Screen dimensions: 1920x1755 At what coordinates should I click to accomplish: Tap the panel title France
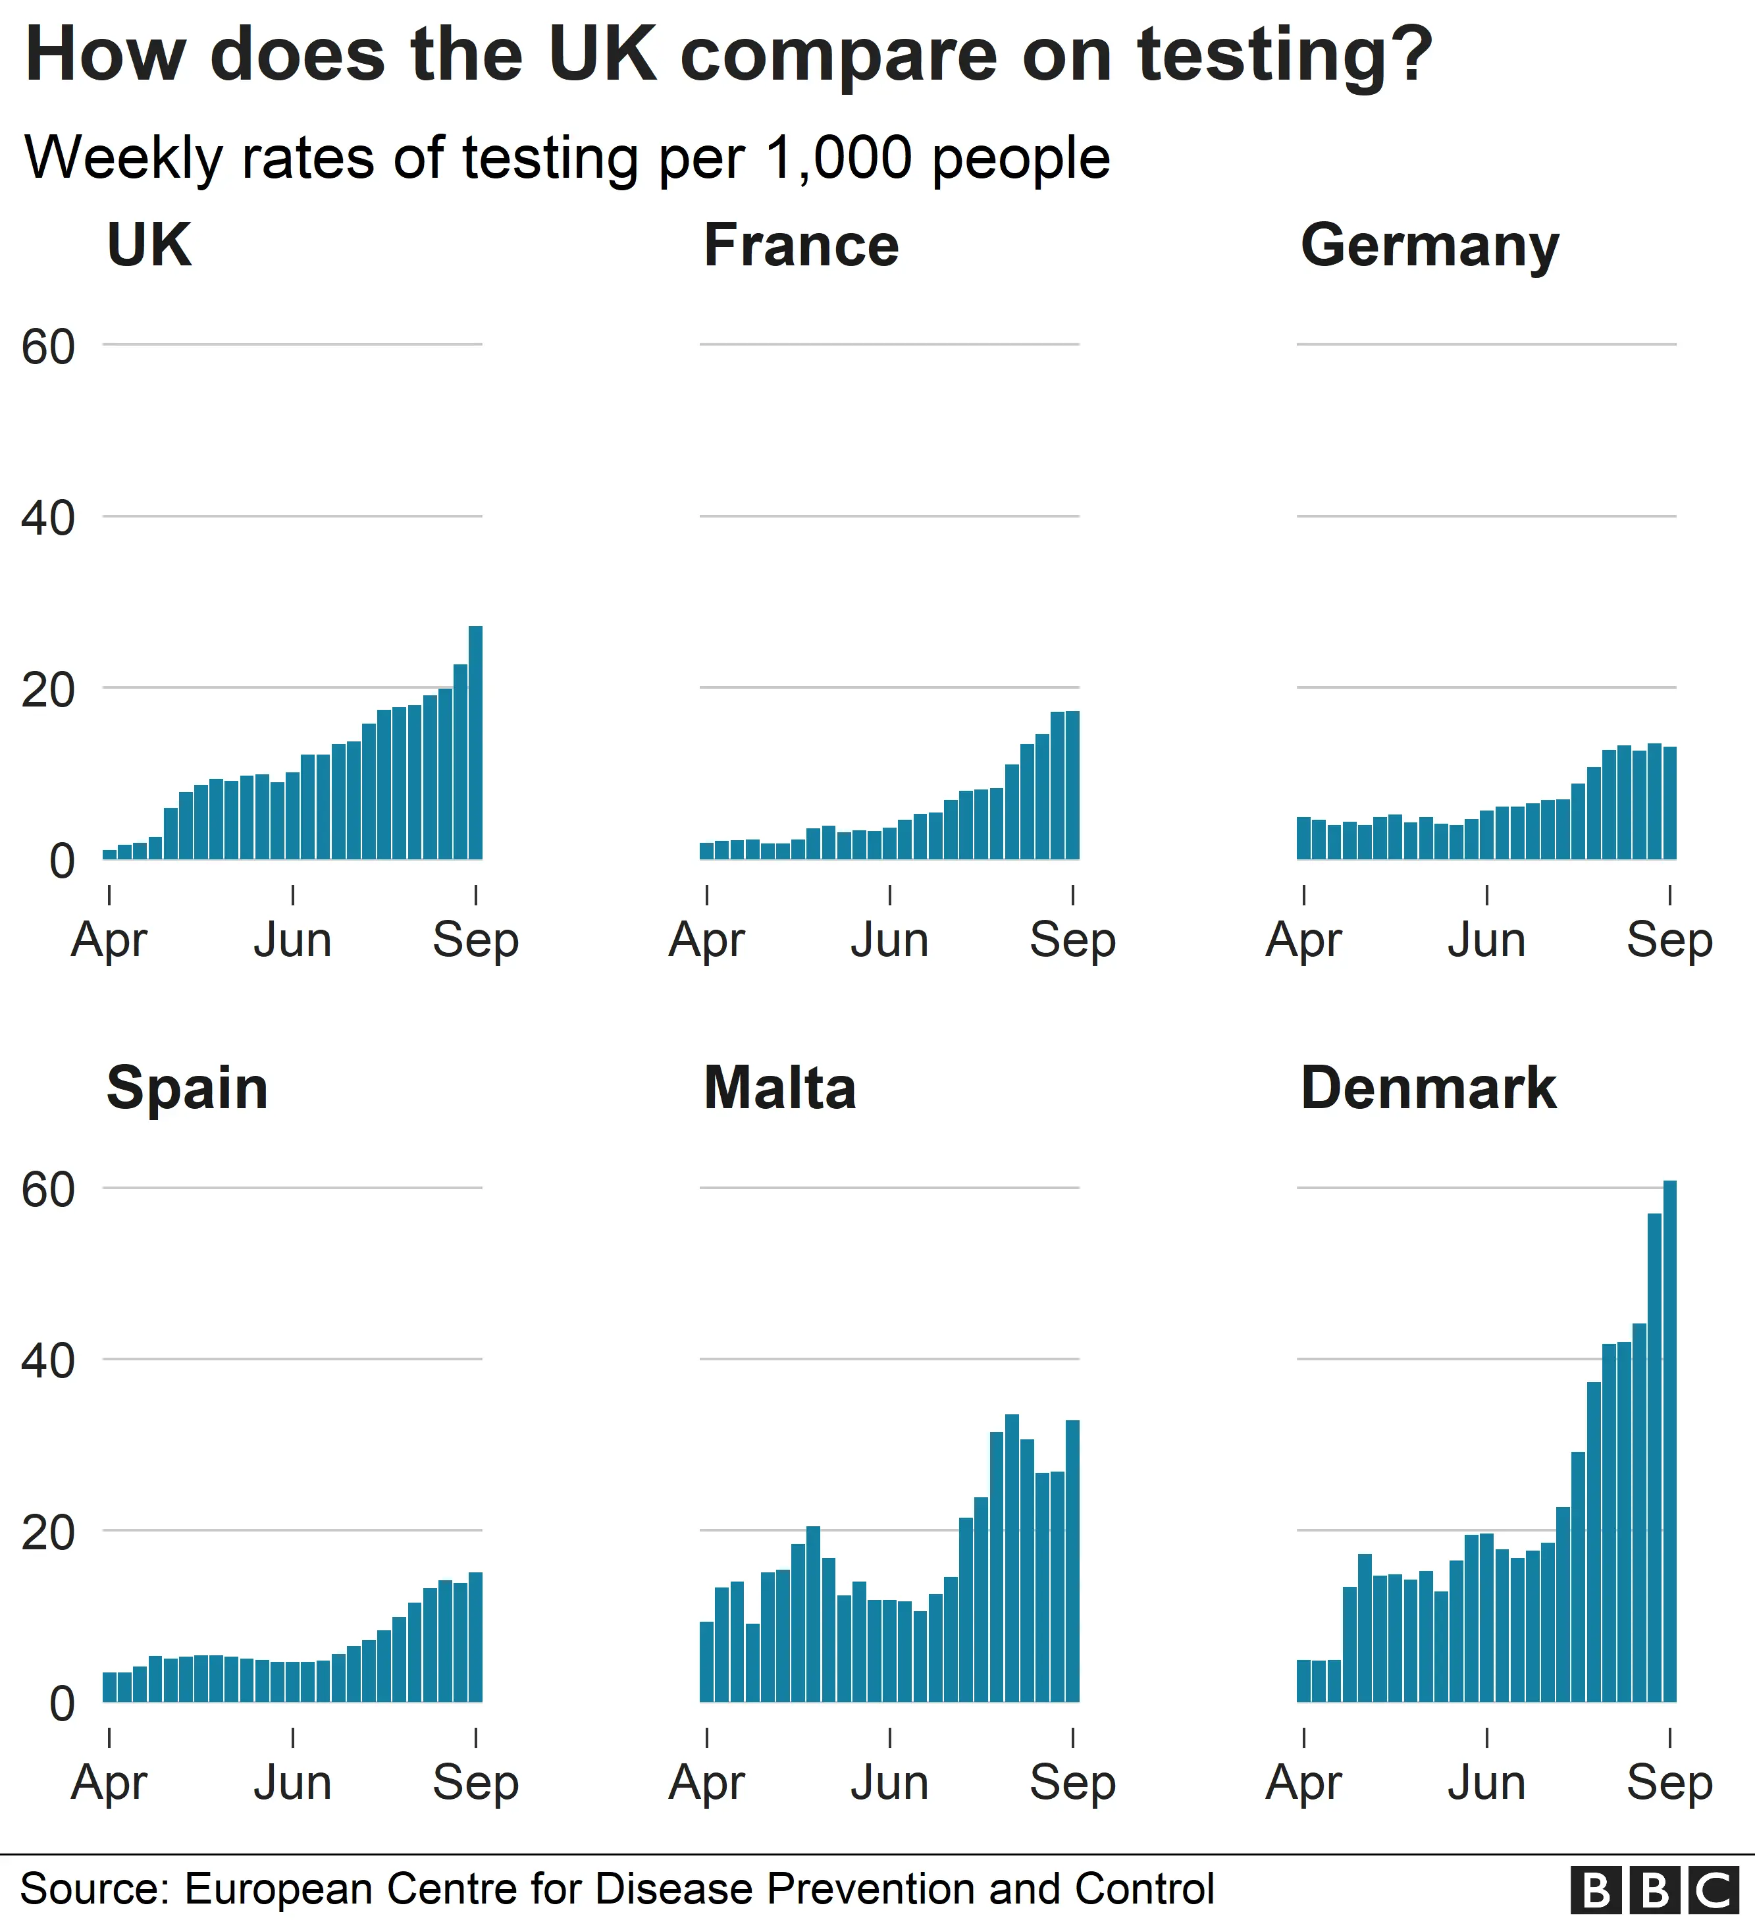[801, 246]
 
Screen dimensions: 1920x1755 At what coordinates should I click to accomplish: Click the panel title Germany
[1429, 246]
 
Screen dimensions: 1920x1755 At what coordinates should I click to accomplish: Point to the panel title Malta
[779, 1088]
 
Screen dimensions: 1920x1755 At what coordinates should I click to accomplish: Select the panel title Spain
[187, 1088]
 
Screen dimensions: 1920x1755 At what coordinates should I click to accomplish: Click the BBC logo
[1655, 1890]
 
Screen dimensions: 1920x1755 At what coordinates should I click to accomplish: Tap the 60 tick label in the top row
[47, 346]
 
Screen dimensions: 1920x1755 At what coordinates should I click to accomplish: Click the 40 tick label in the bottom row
[47, 1361]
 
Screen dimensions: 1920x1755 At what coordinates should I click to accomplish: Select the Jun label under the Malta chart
[889, 1783]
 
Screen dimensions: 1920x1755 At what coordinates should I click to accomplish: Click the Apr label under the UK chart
[109, 941]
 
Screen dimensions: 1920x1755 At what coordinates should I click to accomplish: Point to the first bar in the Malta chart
[706, 1662]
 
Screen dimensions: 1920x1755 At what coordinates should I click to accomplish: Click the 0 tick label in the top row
[61, 861]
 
